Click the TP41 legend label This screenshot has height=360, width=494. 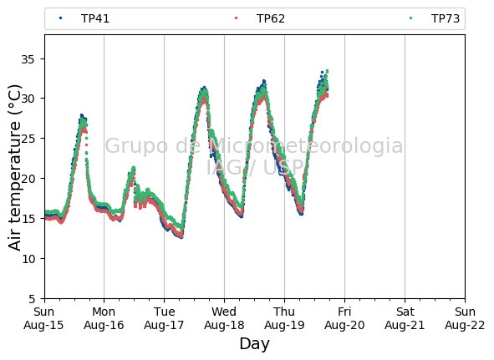pyautogui.click(x=95, y=18)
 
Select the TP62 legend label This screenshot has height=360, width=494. pyautogui.click(x=271, y=18)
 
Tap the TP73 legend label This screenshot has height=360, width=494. pyautogui.click(x=446, y=18)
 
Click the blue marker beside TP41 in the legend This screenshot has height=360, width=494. pyautogui.click(x=60, y=18)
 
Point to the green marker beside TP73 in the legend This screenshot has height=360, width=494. pyautogui.click(x=410, y=18)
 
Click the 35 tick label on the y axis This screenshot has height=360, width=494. pyautogui.click(x=28, y=59)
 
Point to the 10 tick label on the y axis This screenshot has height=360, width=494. pyautogui.click(x=28, y=259)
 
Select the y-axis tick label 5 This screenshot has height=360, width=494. pyautogui.click(x=32, y=298)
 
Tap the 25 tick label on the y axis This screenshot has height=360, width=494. pyautogui.click(x=28, y=139)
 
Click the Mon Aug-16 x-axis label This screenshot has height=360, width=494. pyautogui.click(x=104, y=318)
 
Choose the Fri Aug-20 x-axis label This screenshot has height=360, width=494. pyautogui.click(x=344, y=318)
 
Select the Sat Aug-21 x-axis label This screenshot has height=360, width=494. pyautogui.click(x=405, y=318)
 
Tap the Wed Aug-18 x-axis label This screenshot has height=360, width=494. pyautogui.click(x=224, y=318)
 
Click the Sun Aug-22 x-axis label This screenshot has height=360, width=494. pyautogui.click(x=465, y=318)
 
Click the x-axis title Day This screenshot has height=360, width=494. pyautogui.click(x=255, y=344)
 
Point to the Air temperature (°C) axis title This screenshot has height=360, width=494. pyautogui.click(x=14, y=167)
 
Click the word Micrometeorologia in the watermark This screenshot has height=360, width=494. pyautogui.click(x=305, y=146)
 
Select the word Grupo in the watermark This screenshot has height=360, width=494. pyautogui.click(x=137, y=146)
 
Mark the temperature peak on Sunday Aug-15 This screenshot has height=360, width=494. pyautogui.click(x=82, y=115)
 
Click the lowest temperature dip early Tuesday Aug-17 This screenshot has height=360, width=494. pyautogui.click(x=181, y=237)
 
